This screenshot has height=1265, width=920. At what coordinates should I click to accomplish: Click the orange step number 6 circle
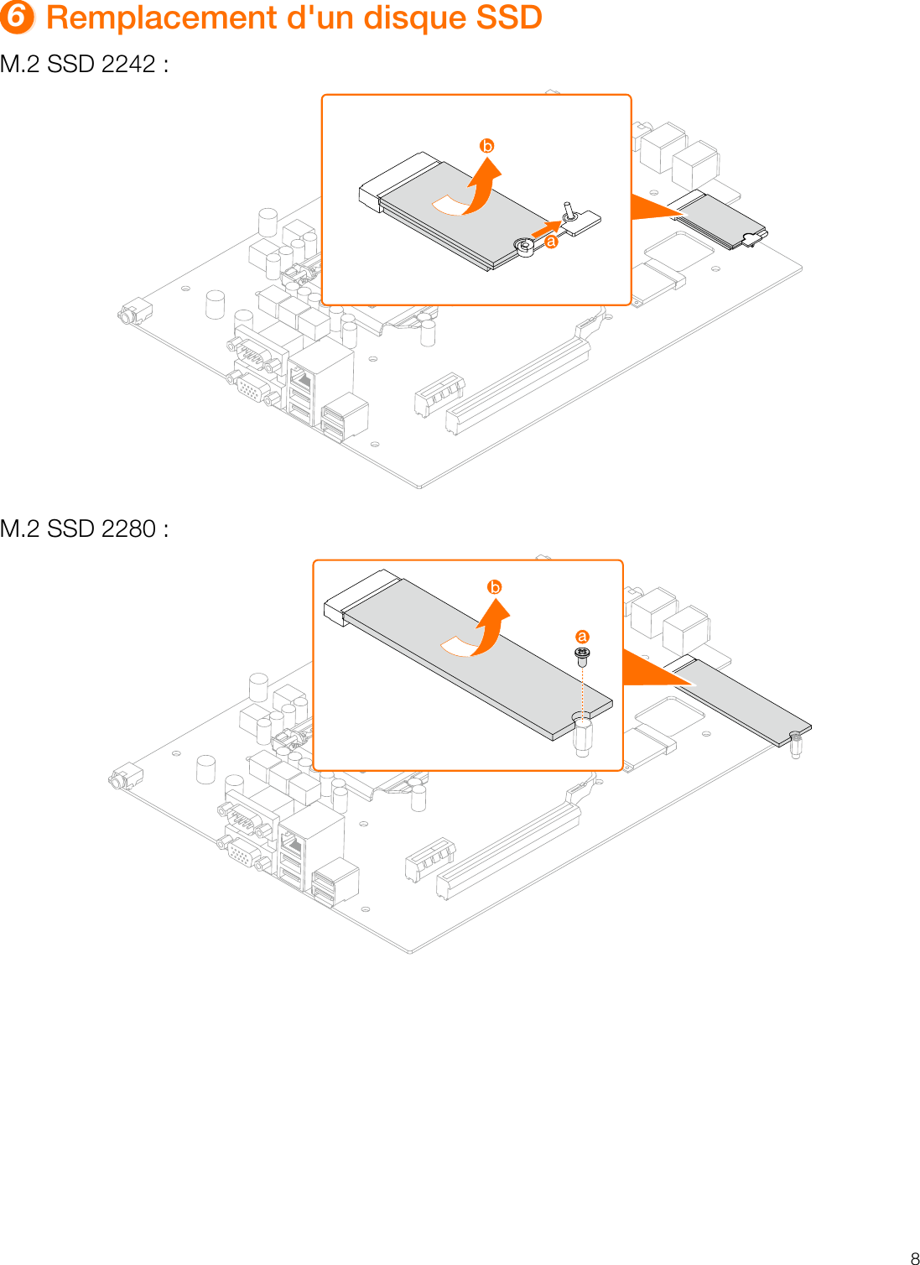17,18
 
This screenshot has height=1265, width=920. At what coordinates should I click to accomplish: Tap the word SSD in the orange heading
508,18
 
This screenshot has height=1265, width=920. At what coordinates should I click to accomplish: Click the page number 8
914,1257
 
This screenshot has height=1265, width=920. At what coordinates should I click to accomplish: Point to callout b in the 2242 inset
486,146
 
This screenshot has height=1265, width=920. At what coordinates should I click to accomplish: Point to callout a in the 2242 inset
551,242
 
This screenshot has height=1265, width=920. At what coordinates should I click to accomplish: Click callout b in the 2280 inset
495,587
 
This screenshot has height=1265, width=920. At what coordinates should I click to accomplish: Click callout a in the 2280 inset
582,637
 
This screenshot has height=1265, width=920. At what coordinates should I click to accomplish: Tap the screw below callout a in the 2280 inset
582,655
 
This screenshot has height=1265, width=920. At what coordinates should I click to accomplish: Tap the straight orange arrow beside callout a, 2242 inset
546,228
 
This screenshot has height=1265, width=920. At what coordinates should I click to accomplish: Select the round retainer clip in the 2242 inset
525,247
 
